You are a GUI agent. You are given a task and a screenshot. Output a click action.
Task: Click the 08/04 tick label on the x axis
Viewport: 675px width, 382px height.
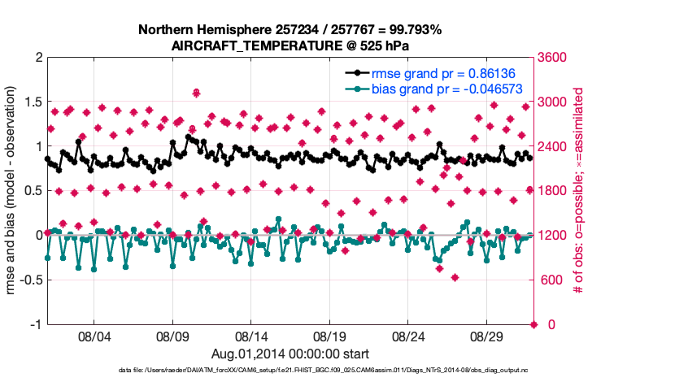pyautogui.click(x=93, y=335)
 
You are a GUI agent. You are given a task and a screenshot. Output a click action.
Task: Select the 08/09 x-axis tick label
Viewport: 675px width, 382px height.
pyautogui.click(x=172, y=335)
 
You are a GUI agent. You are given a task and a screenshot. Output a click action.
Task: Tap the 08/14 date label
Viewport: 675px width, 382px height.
pyautogui.click(x=251, y=335)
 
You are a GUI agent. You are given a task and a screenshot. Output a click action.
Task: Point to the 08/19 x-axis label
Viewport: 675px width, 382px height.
pyautogui.click(x=330, y=335)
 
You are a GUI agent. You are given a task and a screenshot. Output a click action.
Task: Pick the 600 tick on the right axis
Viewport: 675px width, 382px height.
pyautogui.click(x=550, y=280)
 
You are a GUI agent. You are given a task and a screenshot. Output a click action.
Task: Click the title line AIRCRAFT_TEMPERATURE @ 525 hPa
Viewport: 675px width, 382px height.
pyautogui.click(x=290, y=46)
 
